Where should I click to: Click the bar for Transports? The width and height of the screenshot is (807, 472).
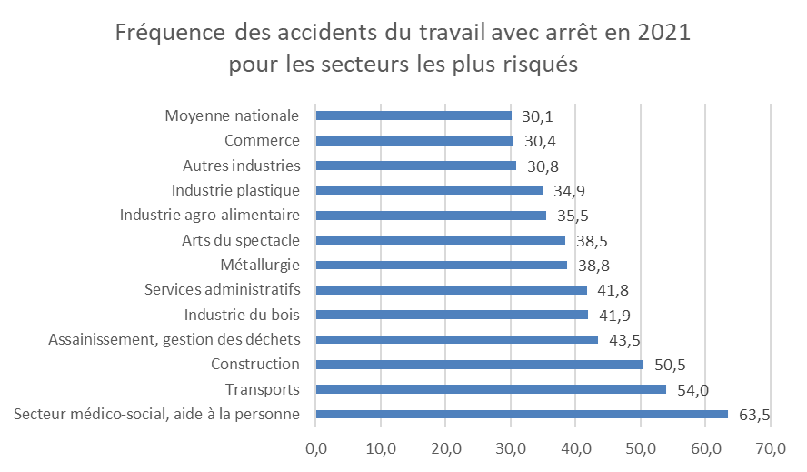(491, 389)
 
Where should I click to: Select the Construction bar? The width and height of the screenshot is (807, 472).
(479, 365)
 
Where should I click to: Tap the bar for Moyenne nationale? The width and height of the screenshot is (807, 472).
(413, 115)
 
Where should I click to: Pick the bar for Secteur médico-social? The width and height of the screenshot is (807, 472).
(522, 415)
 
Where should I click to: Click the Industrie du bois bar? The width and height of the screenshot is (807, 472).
(452, 315)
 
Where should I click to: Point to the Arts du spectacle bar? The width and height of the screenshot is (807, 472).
(441, 240)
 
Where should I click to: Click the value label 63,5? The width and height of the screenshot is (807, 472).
(754, 415)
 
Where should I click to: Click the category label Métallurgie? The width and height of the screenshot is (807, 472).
(260, 265)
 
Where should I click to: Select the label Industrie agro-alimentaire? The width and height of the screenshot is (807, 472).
(210, 216)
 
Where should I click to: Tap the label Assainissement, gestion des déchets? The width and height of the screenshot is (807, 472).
(174, 339)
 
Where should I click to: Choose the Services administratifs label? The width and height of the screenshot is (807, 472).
(223, 290)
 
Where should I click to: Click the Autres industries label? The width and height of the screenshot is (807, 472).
(241, 166)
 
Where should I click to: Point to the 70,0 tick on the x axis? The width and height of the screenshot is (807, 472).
(771, 448)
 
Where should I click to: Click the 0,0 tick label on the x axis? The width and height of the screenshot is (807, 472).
(316, 448)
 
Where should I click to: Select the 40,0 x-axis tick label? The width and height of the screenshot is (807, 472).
(576, 448)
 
